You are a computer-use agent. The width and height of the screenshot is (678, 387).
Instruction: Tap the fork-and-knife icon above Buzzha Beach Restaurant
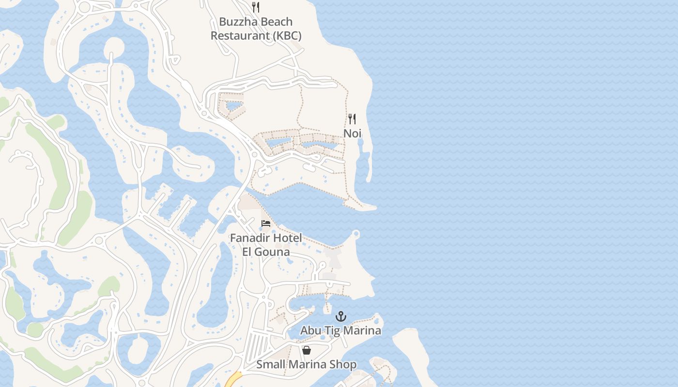click(x=256, y=7)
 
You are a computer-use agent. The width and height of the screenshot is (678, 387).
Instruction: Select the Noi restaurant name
click(x=353, y=133)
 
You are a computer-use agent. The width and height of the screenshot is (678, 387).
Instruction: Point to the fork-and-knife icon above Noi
click(x=353, y=119)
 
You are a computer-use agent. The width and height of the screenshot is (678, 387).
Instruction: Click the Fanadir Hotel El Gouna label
click(x=266, y=245)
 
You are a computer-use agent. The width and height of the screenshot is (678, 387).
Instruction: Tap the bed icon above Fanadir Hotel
click(x=266, y=223)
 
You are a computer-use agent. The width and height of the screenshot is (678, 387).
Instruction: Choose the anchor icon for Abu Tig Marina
click(x=341, y=317)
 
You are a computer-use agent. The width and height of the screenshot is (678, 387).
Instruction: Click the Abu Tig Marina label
click(x=340, y=330)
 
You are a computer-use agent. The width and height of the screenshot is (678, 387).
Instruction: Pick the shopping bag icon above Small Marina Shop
click(x=306, y=350)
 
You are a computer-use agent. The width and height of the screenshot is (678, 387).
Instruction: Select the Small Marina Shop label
click(x=306, y=364)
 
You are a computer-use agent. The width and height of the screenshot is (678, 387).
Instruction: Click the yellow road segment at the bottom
click(x=234, y=379)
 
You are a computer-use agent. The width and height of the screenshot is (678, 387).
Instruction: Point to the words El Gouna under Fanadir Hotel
click(x=266, y=252)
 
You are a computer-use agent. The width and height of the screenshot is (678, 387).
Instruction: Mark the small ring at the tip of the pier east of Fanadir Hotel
click(x=356, y=234)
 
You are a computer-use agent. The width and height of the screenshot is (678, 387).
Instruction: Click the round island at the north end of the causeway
click(x=114, y=46)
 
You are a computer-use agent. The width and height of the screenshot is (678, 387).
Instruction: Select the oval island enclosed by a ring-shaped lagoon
click(x=138, y=349)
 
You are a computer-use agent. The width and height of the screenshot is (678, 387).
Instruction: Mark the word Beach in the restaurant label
click(x=276, y=22)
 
